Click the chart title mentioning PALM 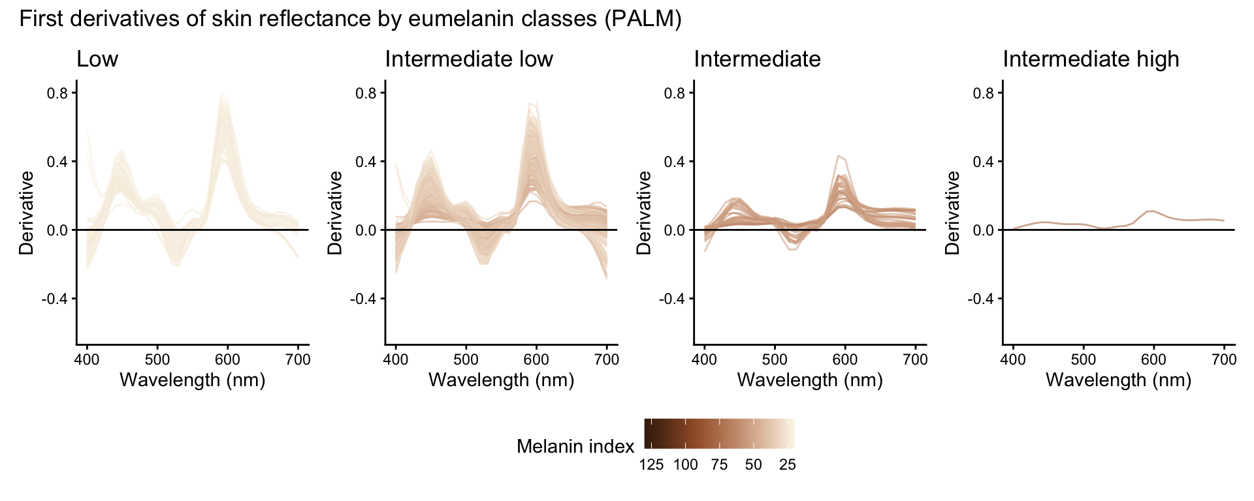pos(350,19)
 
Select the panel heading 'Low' pos(97,59)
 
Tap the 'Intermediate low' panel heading pos(469,59)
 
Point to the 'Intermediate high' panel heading pos(1091,59)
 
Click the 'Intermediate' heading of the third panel pos(757,59)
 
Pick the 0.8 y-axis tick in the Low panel pos(57,93)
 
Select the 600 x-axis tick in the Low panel pos(227,359)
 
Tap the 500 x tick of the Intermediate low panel pos(466,359)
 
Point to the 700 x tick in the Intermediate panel pos(915,359)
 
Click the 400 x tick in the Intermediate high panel pos(1013,359)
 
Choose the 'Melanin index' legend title pos(575,446)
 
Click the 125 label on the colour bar pos(651,465)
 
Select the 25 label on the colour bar pos(788,465)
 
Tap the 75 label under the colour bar pos(719,465)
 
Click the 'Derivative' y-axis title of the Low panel pos(27,213)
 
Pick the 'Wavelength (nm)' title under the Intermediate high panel pos(1118,380)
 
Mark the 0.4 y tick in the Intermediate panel pos(675,162)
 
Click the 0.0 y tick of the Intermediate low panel pos(366,230)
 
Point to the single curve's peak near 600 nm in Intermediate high pos(1153,211)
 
